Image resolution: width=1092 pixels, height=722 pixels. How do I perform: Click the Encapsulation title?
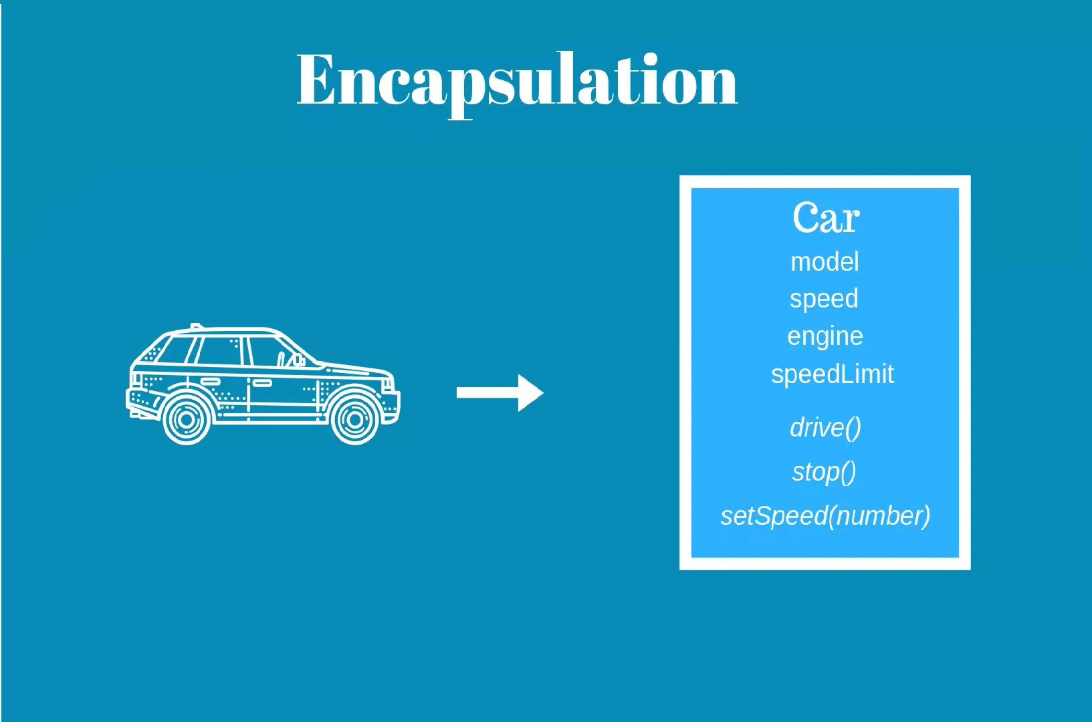click(x=516, y=80)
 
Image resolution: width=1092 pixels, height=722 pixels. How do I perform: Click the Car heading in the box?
click(x=826, y=218)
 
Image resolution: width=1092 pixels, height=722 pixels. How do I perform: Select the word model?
click(x=825, y=261)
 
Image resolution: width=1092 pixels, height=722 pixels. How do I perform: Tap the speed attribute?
click(x=824, y=299)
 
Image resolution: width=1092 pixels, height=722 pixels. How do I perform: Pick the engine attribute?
click(x=825, y=336)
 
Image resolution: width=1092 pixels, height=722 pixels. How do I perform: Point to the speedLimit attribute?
click(x=832, y=374)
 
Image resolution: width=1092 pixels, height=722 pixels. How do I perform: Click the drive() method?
click(x=825, y=428)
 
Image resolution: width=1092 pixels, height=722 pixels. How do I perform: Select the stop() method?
click(x=824, y=472)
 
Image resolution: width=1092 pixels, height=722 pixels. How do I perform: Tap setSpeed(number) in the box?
click(x=825, y=516)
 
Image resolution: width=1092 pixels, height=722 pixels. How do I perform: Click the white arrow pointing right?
click(x=500, y=392)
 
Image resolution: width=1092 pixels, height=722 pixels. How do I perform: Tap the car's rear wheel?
click(x=187, y=419)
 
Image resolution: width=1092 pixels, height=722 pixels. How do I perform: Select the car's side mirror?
click(x=297, y=361)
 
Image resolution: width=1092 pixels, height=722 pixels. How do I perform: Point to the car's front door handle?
click(x=261, y=383)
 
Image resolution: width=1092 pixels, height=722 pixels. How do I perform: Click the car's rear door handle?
click(x=211, y=382)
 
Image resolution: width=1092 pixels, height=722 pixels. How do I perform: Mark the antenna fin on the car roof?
click(x=195, y=327)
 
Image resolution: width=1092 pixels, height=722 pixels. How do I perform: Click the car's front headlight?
click(x=387, y=383)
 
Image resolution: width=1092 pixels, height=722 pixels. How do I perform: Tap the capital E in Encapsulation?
click(x=316, y=80)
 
